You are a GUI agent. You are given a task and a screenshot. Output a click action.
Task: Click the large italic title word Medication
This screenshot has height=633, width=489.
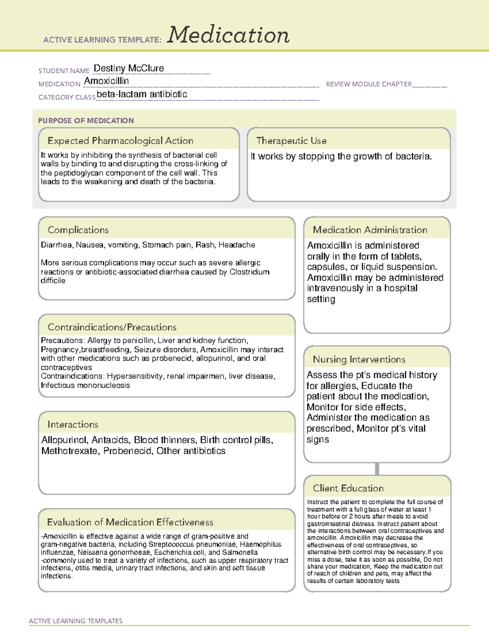[228, 35]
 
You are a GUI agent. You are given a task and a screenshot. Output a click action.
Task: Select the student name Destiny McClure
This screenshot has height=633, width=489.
[129, 68]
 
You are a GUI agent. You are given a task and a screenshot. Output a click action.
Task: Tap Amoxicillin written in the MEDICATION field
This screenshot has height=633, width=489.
[106, 81]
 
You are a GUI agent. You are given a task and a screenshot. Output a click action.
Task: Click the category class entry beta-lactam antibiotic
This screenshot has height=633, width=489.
[142, 94]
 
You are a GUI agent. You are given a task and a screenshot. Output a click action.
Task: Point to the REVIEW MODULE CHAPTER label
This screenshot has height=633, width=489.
[369, 84]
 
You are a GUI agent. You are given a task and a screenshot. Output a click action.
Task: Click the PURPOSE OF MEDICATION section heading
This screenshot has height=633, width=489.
[86, 121]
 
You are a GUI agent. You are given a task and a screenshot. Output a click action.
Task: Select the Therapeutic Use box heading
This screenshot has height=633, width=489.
[291, 141]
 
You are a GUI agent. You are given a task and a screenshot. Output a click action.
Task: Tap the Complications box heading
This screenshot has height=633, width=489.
[78, 230]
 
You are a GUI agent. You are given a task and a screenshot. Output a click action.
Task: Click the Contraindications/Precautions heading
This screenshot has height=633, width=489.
[112, 327]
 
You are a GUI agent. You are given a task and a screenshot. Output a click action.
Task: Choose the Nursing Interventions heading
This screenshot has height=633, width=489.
[359, 359]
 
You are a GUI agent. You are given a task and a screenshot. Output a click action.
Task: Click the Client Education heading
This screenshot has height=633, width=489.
[348, 488]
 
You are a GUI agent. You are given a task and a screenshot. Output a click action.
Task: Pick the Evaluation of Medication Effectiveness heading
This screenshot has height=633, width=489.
[130, 522]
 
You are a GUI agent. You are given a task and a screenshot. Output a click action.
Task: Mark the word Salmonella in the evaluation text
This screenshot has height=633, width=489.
[240, 552]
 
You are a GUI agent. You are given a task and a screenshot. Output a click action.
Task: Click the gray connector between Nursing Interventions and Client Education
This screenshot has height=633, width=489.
[377, 469]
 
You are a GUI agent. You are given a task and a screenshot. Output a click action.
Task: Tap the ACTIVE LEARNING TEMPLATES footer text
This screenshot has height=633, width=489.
[75, 621]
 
